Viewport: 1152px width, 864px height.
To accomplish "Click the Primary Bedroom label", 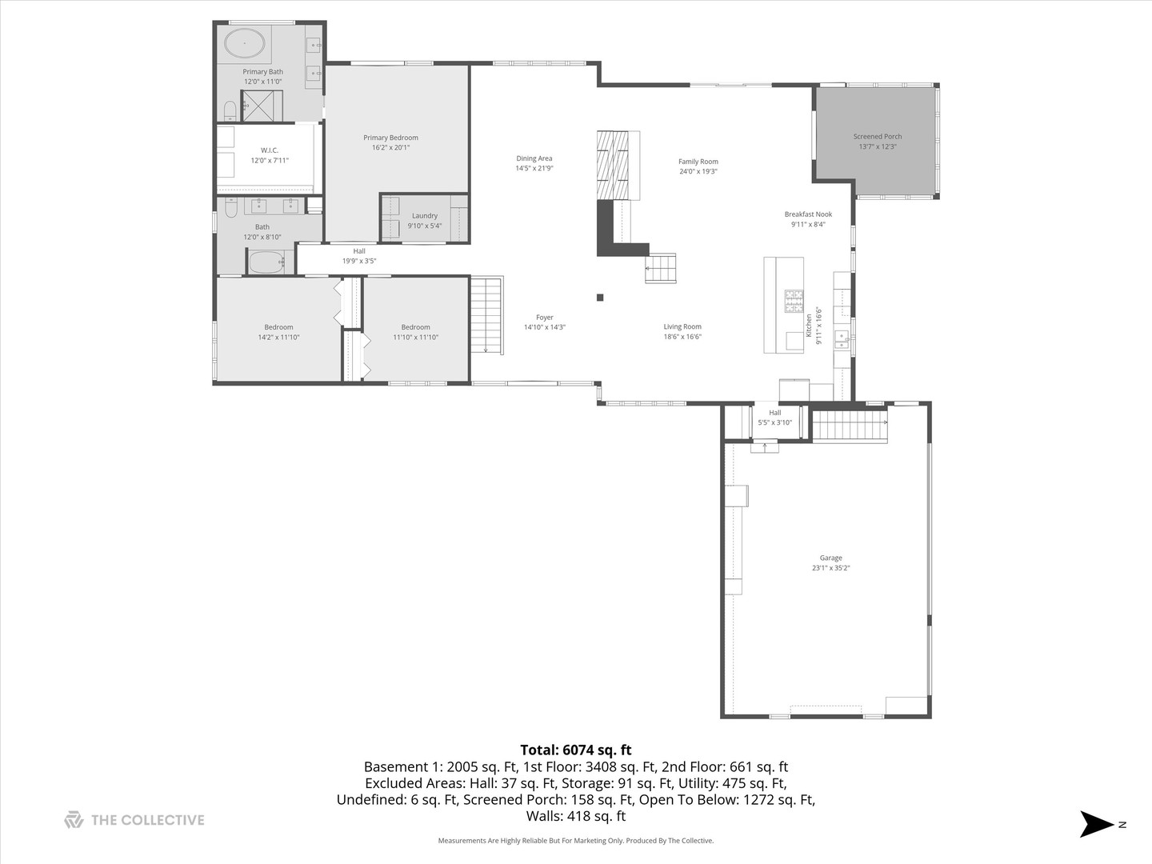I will [390, 138].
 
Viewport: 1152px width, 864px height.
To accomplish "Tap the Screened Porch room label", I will [877, 137].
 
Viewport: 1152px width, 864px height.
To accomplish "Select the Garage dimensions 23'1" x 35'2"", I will [830, 568].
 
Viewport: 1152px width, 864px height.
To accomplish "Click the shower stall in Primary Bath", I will [262, 106].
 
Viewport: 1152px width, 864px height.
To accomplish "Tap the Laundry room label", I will [424, 216].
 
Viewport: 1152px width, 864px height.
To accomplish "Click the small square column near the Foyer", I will [600, 298].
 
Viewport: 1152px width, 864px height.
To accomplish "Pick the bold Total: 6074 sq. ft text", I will [575, 750].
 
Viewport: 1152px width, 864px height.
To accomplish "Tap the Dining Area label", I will [534, 158].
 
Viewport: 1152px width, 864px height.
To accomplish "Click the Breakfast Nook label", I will [808, 214].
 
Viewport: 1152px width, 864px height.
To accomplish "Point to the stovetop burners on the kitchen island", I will [794, 301].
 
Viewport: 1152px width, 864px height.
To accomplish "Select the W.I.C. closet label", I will [270, 150].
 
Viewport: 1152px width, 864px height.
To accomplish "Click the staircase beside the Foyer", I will [486, 315].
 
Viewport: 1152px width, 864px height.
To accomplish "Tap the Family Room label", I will [698, 162].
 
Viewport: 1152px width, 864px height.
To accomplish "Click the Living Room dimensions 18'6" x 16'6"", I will [682, 337].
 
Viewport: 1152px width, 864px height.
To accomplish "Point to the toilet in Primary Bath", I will [230, 110].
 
